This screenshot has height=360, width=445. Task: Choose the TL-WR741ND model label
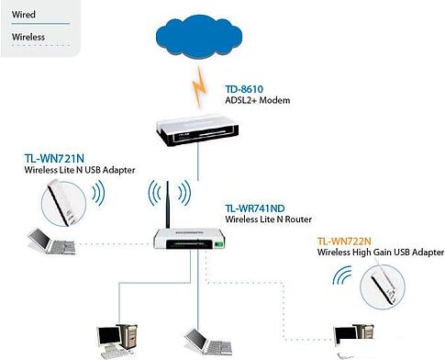pyautogui.click(x=255, y=209)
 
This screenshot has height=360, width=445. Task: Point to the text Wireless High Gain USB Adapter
pyautogui.click(x=375, y=251)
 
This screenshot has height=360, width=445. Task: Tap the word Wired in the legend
pyautogui.click(x=24, y=15)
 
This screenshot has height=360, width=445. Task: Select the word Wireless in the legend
pyautogui.click(x=28, y=38)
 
